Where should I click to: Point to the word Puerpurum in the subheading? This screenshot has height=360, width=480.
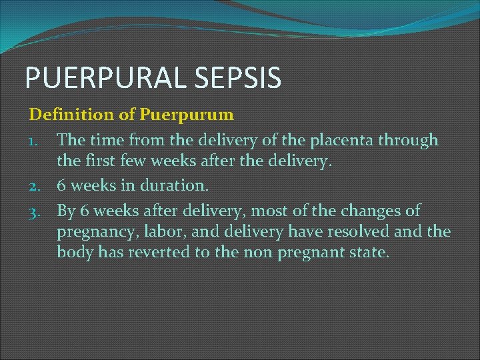(x=187, y=115)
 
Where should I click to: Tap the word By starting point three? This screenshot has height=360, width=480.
(x=66, y=212)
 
